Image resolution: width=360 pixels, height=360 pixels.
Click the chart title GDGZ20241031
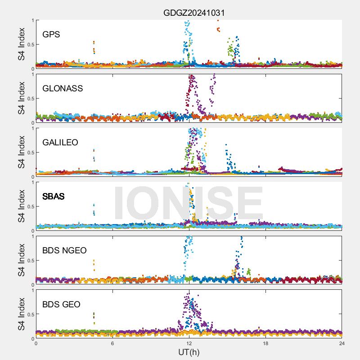pyautogui.click(x=194, y=13)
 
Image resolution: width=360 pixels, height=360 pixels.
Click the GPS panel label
pyautogui.click(x=51, y=35)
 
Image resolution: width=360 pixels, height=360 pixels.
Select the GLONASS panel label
pyautogui.click(x=63, y=89)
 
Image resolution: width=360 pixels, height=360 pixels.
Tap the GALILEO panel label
pyautogui.click(x=60, y=143)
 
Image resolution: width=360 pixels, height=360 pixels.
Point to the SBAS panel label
pyautogui.click(x=54, y=197)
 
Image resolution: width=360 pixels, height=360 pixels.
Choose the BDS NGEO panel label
pyautogui.click(x=64, y=251)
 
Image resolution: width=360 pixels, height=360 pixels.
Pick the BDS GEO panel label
pyautogui.click(x=61, y=305)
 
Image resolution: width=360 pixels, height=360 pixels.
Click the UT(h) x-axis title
pyautogui.click(x=189, y=352)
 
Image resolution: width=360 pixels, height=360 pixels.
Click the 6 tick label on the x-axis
pyautogui.click(x=112, y=344)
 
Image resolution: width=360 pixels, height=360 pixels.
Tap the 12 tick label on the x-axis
pyautogui.click(x=189, y=344)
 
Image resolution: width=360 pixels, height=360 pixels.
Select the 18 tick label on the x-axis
pyautogui.click(x=265, y=344)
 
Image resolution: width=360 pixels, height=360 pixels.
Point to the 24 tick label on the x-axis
pyautogui.click(x=342, y=344)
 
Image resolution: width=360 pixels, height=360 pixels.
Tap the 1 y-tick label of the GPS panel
pyautogui.click(x=32, y=20)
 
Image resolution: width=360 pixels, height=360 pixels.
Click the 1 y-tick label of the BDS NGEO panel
pyautogui.click(x=32, y=236)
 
